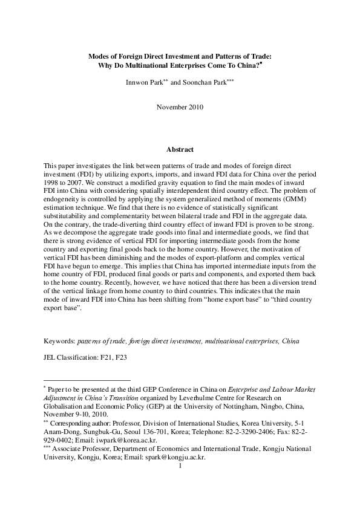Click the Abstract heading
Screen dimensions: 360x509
(180, 149)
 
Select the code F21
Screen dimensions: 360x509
(103, 356)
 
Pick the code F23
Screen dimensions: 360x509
(119, 356)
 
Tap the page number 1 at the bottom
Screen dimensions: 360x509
(180, 465)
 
